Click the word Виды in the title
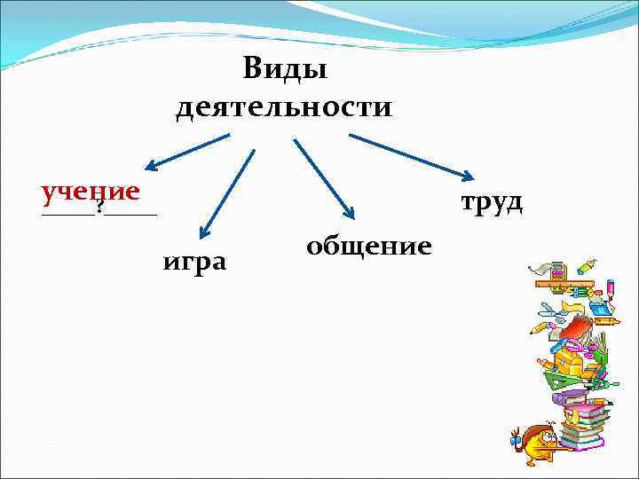click(x=284, y=67)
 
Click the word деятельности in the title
click(x=284, y=107)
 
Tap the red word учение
click(x=91, y=191)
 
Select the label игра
click(x=194, y=262)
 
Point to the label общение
click(x=369, y=244)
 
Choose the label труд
click(x=491, y=202)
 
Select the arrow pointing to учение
click(x=186, y=151)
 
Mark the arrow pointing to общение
click(x=324, y=177)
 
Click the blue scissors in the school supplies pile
click(x=551, y=312)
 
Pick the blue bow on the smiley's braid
click(x=514, y=436)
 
